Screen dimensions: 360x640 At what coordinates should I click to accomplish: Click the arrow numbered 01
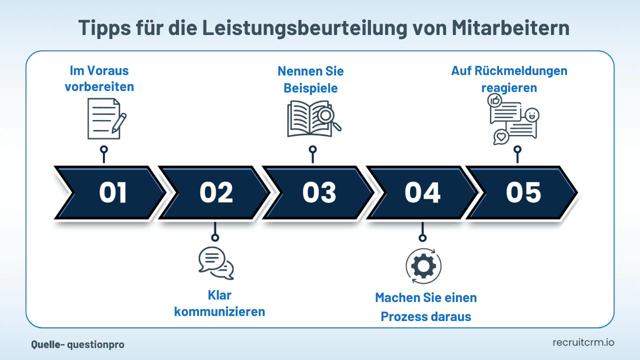(112, 193)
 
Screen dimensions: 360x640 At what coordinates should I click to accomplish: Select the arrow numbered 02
(216, 193)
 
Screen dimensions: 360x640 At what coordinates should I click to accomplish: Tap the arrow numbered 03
(319, 193)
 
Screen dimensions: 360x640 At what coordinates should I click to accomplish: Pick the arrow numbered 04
(422, 193)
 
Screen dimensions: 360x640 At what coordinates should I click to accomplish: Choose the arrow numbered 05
(523, 193)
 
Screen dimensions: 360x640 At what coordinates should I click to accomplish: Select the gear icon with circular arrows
(423, 265)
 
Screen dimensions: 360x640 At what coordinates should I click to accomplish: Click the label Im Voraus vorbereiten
(99, 78)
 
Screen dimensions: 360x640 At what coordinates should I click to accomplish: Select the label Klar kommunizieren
(219, 303)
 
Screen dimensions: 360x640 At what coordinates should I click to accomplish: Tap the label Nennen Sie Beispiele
(310, 79)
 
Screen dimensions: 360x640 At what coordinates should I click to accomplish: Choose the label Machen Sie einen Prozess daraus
(426, 307)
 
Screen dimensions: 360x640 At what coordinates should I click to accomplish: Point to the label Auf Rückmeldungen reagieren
(509, 79)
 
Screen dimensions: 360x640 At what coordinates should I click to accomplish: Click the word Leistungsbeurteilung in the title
(294, 28)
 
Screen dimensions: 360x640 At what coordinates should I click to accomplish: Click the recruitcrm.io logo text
(583, 342)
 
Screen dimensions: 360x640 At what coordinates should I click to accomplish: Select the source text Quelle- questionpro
(77, 344)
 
